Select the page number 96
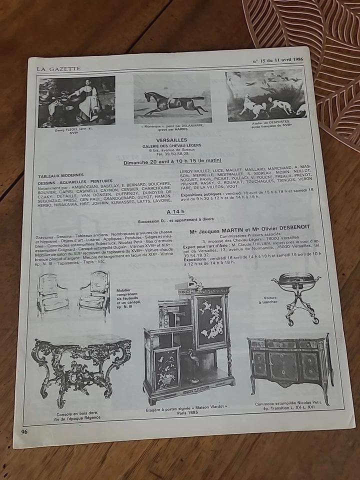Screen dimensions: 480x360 click(25, 431)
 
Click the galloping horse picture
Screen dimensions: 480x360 click(172, 100)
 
